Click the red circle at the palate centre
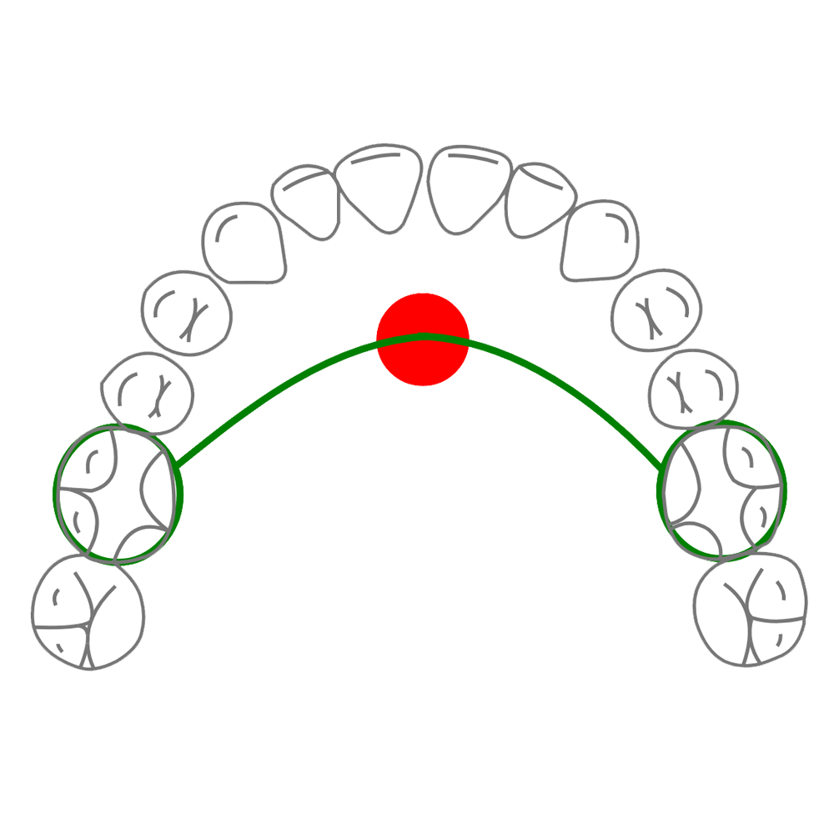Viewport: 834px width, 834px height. (423, 339)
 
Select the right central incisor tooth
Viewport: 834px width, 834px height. (469, 187)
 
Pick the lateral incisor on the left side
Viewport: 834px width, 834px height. (304, 200)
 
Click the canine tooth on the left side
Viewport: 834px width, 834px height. (244, 242)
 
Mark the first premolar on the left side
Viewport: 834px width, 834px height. (186, 313)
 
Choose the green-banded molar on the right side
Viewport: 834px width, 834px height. (722, 491)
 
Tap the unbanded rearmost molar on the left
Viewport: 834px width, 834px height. (88, 612)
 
